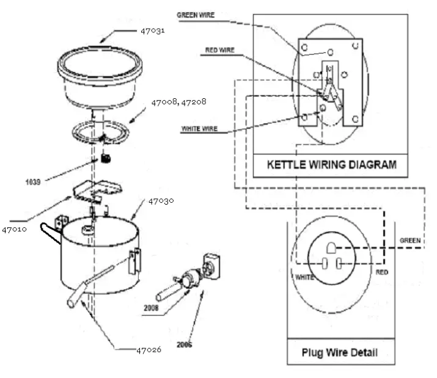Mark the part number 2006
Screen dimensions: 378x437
click(184, 344)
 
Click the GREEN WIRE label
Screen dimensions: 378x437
click(196, 15)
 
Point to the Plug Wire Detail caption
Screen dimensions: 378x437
click(339, 352)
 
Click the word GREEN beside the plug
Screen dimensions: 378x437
click(409, 241)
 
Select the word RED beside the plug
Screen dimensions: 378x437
click(383, 271)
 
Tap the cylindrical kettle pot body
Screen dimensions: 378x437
click(98, 256)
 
